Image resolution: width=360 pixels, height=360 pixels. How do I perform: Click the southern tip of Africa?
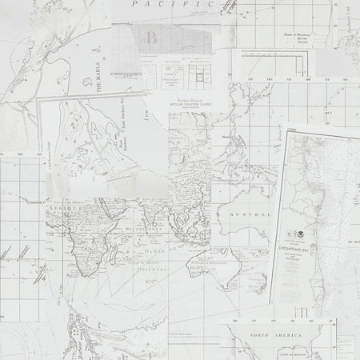pos(82,270)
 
